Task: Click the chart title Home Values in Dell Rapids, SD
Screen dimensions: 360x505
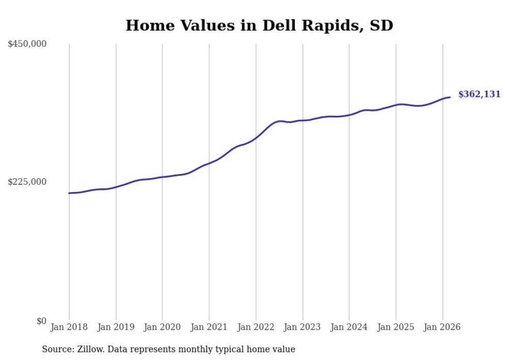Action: coord(259,25)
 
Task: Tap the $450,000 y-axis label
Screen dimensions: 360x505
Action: coord(27,44)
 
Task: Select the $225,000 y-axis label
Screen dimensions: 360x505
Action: coord(27,182)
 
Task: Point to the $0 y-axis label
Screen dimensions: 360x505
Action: coord(41,321)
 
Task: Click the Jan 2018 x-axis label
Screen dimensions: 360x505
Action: coord(69,327)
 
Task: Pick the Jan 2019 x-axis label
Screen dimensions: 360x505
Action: coord(116,327)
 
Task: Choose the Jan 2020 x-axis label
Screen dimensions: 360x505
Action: coord(162,327)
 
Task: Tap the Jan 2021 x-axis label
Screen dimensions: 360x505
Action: coord(209,327)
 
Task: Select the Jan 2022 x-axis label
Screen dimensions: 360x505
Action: coord(256,327)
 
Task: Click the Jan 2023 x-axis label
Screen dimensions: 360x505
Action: coord(302,327)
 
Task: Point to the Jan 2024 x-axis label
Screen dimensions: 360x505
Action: coord(349,327)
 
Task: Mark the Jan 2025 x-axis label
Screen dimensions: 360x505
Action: coord(396,327)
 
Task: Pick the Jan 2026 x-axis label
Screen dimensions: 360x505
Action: coord(442,327)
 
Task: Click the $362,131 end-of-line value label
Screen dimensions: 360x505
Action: coord(479,94)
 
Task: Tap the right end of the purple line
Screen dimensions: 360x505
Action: coord(450,97)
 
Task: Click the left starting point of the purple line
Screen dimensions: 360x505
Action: coord(69,193)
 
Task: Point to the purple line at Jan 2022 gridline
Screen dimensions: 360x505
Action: coord(256,138)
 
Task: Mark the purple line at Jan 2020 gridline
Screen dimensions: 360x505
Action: coord(162,177)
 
